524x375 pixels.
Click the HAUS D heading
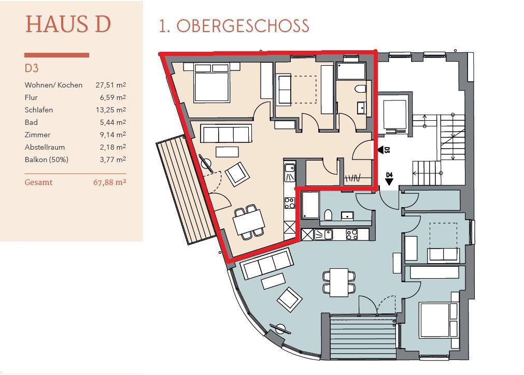68,24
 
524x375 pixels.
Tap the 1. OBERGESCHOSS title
234,26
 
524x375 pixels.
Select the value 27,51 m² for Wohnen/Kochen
110,85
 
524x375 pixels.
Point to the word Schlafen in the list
39,110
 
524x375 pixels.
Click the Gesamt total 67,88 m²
109,182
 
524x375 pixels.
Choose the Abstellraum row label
45,147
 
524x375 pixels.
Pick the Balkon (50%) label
47,160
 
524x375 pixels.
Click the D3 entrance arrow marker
380,150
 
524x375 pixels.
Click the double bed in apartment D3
211,82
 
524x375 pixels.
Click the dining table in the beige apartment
249,222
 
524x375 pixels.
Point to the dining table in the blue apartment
339,282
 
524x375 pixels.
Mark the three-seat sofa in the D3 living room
226,134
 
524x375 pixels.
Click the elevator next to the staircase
394,114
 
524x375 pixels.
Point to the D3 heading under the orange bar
32,68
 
